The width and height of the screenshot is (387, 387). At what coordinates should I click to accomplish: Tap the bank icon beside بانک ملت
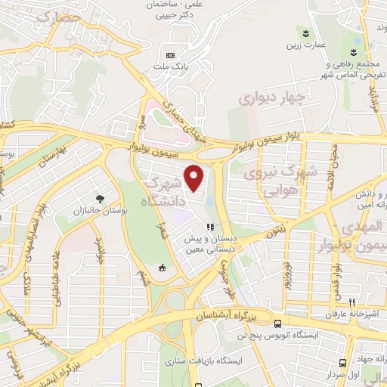(x=170, y=55)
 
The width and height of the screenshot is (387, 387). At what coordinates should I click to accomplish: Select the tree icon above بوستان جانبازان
(x=100, y=199)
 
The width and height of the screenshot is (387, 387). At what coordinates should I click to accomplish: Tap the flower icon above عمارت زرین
(x=306, y=33)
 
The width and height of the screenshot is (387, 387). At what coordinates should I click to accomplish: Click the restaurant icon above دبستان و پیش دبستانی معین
(x=212, y=225)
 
